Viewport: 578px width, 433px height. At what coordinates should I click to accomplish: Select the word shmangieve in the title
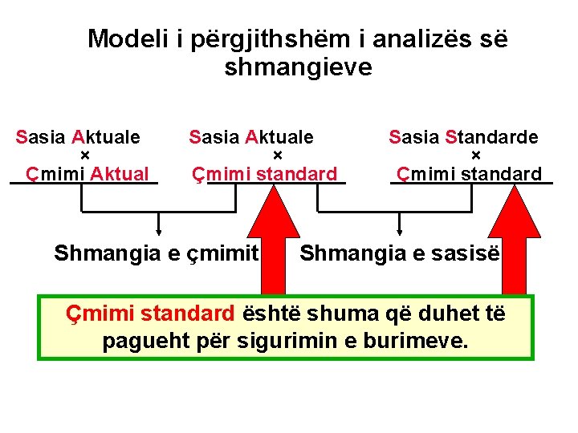299,67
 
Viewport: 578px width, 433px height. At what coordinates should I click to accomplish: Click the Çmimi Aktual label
88,173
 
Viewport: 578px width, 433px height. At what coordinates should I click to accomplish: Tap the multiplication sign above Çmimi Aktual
84,155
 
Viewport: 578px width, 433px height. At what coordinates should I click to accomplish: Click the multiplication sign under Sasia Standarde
475,155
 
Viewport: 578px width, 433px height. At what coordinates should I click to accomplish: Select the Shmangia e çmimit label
156,254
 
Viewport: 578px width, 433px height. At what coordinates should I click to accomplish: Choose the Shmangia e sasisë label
400,254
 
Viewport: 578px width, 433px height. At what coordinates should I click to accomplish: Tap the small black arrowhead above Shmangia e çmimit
159,233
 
